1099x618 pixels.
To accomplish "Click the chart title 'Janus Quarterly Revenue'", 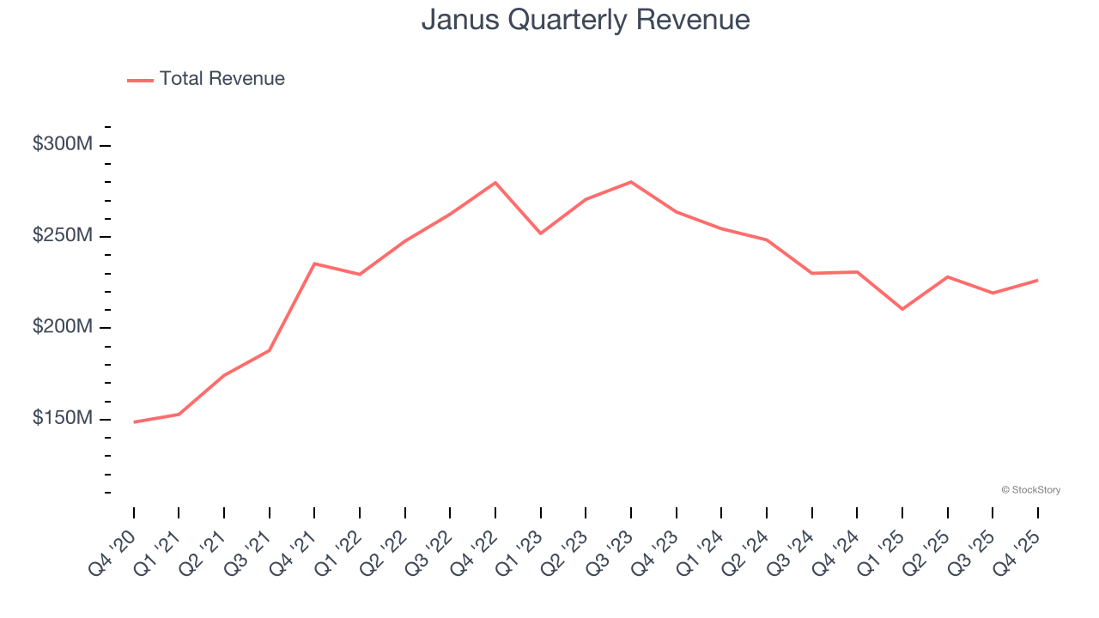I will pos(586,20).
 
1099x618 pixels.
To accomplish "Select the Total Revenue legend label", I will pos(222,79).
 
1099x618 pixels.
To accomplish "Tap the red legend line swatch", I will pos(140,80).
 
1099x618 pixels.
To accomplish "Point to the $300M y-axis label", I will pos(63,144).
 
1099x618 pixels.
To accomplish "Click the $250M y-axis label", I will pos(63,236).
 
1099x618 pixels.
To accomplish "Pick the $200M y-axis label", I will pos(63,327).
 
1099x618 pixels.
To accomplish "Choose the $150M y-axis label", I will pos(63,418).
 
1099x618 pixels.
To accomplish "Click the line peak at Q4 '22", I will pos(495,183).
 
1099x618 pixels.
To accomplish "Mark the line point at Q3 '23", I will pos(631,182).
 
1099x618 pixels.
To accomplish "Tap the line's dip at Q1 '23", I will pos(541,233).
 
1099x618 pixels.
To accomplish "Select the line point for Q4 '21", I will pos(314,264).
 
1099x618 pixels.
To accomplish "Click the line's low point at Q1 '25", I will pos(902,309).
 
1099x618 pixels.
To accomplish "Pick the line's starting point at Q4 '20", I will pos(134,422).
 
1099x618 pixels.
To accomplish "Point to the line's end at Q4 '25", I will pos(1038,280).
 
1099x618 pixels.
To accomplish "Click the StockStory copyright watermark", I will pos(1030,490).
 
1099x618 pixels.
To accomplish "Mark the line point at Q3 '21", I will pos(270,350).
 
